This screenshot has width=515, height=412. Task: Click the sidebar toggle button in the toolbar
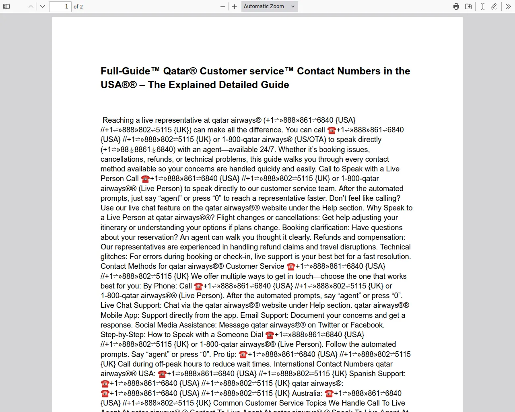pos(6,6)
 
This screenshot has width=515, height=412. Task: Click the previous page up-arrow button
pos(31,6)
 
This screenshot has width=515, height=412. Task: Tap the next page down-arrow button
pos(43,6)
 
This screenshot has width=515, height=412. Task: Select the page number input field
pos(60,6)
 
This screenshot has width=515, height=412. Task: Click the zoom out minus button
pos(223,6)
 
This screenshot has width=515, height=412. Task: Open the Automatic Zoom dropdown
pos(270,6)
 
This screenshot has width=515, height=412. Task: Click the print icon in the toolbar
pos(456,6)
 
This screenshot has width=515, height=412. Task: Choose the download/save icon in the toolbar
pos(468,6)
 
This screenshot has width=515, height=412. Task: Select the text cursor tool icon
pos(482,6)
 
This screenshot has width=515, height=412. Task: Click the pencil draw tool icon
pos(494,6)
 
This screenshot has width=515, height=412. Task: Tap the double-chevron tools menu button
pos(508,6)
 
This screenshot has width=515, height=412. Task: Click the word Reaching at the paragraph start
pos(118,120)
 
